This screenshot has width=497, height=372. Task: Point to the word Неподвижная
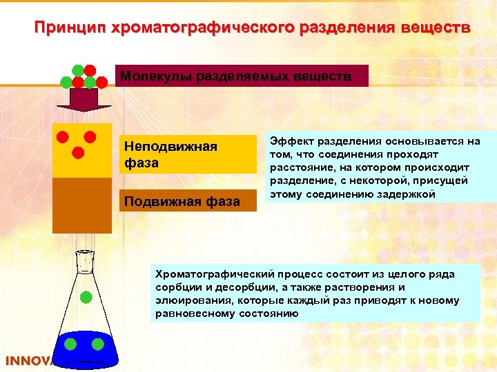170,147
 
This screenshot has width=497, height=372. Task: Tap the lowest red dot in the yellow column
78,152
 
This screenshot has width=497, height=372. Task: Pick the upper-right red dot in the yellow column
90,136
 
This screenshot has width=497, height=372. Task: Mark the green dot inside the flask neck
86,298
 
